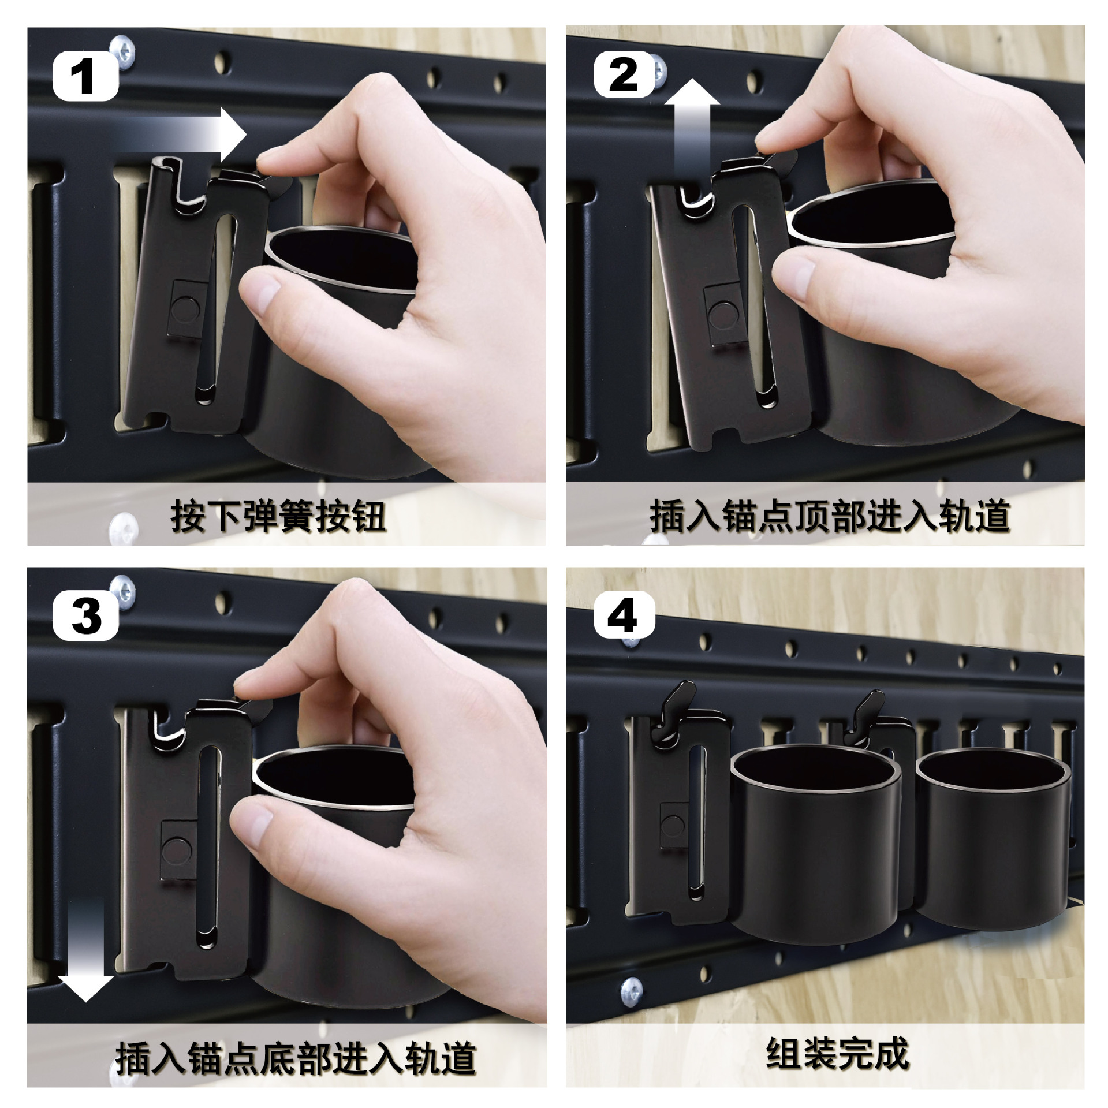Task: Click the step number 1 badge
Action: pyautogui.click(x=85, y=77)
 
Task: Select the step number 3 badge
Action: pyautogui.click(x=86, y=615)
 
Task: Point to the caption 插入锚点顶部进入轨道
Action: pyautogui.click(x=830, y=516)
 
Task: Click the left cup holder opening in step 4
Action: pyautogui.click(x=816, y=773)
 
